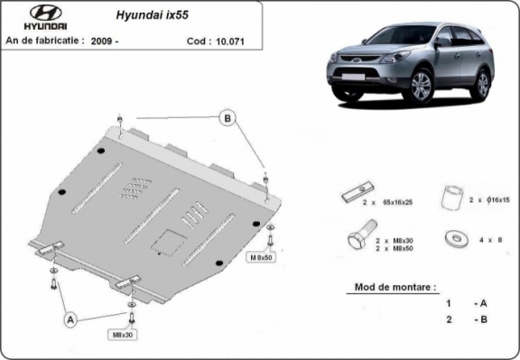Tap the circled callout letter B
pyautogui.click(x=227, y=117)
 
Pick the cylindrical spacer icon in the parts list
pyautogui.click(x=452, y=196)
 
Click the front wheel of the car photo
pyautogui.click(x=422, y=86)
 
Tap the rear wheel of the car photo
pyautogui.click(x=481, y=83)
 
